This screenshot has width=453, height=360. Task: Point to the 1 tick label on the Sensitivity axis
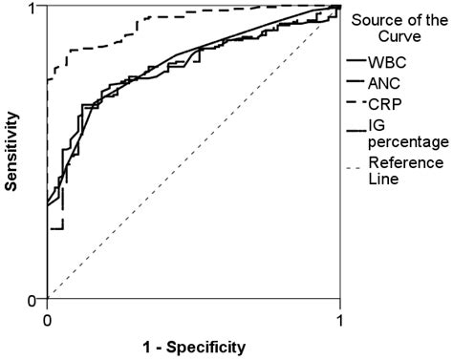[x=32, y=9]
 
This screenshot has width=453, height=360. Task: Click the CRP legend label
[x=385, y=102]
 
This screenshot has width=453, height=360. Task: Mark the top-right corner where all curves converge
[x=339, y=7]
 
